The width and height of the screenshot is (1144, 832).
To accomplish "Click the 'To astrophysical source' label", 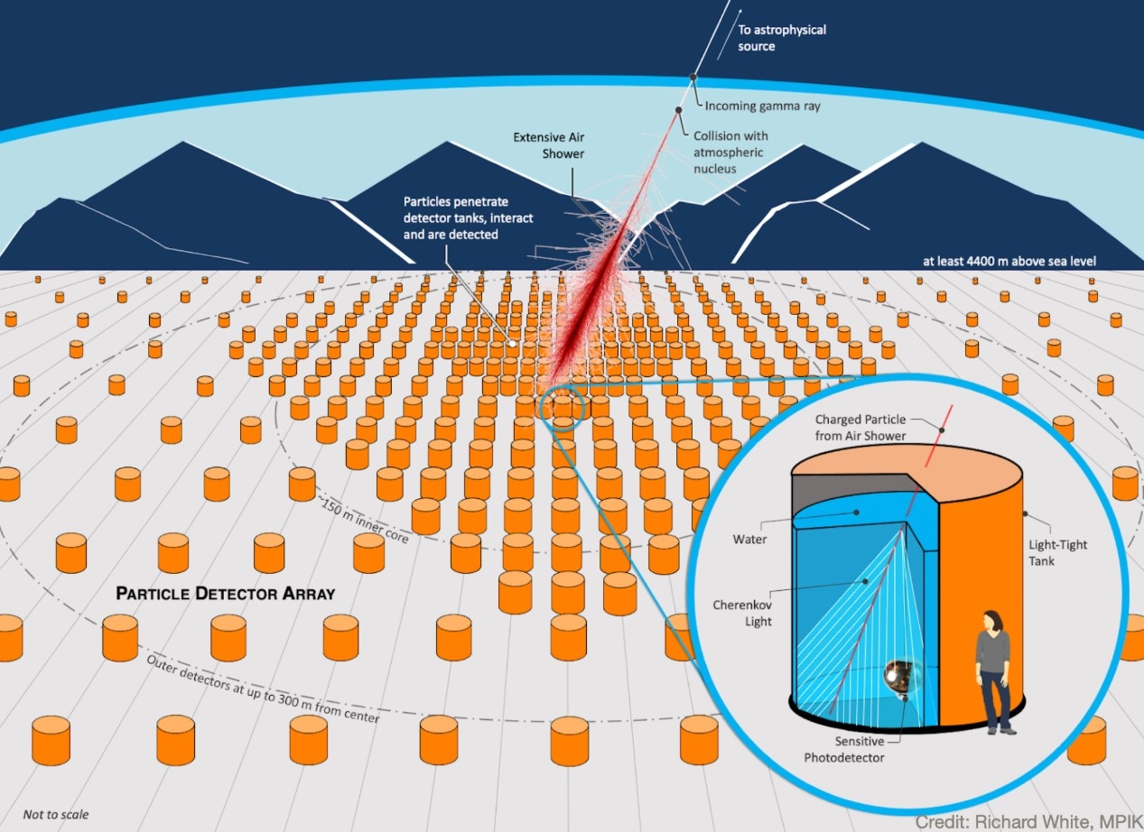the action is [x=781, y=38].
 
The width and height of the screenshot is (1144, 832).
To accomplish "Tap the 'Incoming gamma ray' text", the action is [x=762, y=106].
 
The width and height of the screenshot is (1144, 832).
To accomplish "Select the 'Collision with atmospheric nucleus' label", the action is [x=730, y=153].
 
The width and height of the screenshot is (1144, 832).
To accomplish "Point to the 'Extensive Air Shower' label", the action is [x=548, y=145].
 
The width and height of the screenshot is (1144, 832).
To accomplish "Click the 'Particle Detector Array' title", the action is [x=225, y=593].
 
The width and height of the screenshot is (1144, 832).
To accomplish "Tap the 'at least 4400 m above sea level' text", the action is [x=1009, y=262].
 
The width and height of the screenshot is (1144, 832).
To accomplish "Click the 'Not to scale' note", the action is [x=56, y=814].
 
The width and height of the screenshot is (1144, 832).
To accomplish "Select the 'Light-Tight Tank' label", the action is [x=1057, y=553].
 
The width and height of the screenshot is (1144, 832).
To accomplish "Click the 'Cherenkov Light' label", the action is [x=742, y=613].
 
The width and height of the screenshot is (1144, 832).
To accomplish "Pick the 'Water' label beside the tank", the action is [x=749, y=539].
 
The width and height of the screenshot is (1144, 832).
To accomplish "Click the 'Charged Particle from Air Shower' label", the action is [x=860, y=427].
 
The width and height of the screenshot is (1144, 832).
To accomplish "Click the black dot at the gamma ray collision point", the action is [x=679, y=110].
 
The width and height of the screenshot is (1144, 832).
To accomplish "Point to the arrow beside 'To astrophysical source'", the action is [x=729, y=34].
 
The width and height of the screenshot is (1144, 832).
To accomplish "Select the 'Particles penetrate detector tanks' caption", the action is [x=468, y=218].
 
